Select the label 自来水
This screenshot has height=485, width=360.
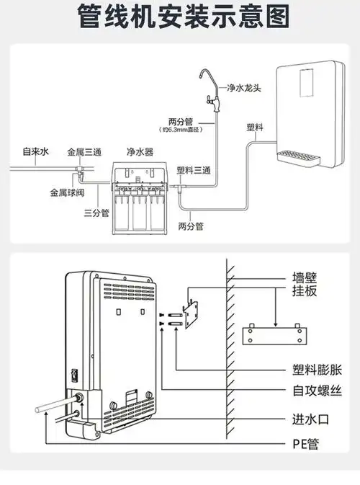pos(35,152)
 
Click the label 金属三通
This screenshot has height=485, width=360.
pos(84,152)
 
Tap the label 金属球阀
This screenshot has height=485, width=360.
pos(66,193)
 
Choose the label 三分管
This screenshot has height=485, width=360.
pos(96,213)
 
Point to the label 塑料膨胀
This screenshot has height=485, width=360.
pos(317,368)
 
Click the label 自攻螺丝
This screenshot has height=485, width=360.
pos(317,391)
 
